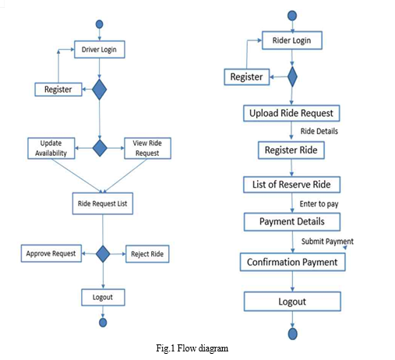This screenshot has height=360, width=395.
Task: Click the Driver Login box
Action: point(100,49)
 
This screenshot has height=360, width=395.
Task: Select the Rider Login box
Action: point(292,41)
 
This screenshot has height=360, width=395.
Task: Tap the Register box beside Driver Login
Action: point(58,90)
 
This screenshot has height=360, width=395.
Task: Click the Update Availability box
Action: point(51,148)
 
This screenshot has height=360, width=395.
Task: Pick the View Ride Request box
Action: point(147,148)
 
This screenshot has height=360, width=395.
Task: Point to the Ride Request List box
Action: point(103,203)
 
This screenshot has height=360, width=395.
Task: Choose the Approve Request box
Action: point(51,253)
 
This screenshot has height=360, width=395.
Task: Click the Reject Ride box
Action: point(147,254)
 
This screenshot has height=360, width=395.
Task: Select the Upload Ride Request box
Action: point(291,113)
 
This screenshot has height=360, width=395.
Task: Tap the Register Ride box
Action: point(291,150)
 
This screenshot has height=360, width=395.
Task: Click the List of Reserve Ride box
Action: point(291,185)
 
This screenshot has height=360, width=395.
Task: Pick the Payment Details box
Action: point(292,221)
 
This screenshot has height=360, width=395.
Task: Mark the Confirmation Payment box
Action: point(292,262)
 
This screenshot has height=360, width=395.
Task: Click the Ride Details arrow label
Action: point(319,131)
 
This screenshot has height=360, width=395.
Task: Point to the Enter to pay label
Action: point(319,204)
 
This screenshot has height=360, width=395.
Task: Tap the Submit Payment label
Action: point(327,242)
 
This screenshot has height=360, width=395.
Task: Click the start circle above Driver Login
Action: point(100,24)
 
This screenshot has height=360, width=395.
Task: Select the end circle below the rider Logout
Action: point(293,334)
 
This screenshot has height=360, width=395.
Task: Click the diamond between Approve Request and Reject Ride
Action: point(103,254)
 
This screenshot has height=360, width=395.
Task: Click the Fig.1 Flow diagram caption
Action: point(192,348)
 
